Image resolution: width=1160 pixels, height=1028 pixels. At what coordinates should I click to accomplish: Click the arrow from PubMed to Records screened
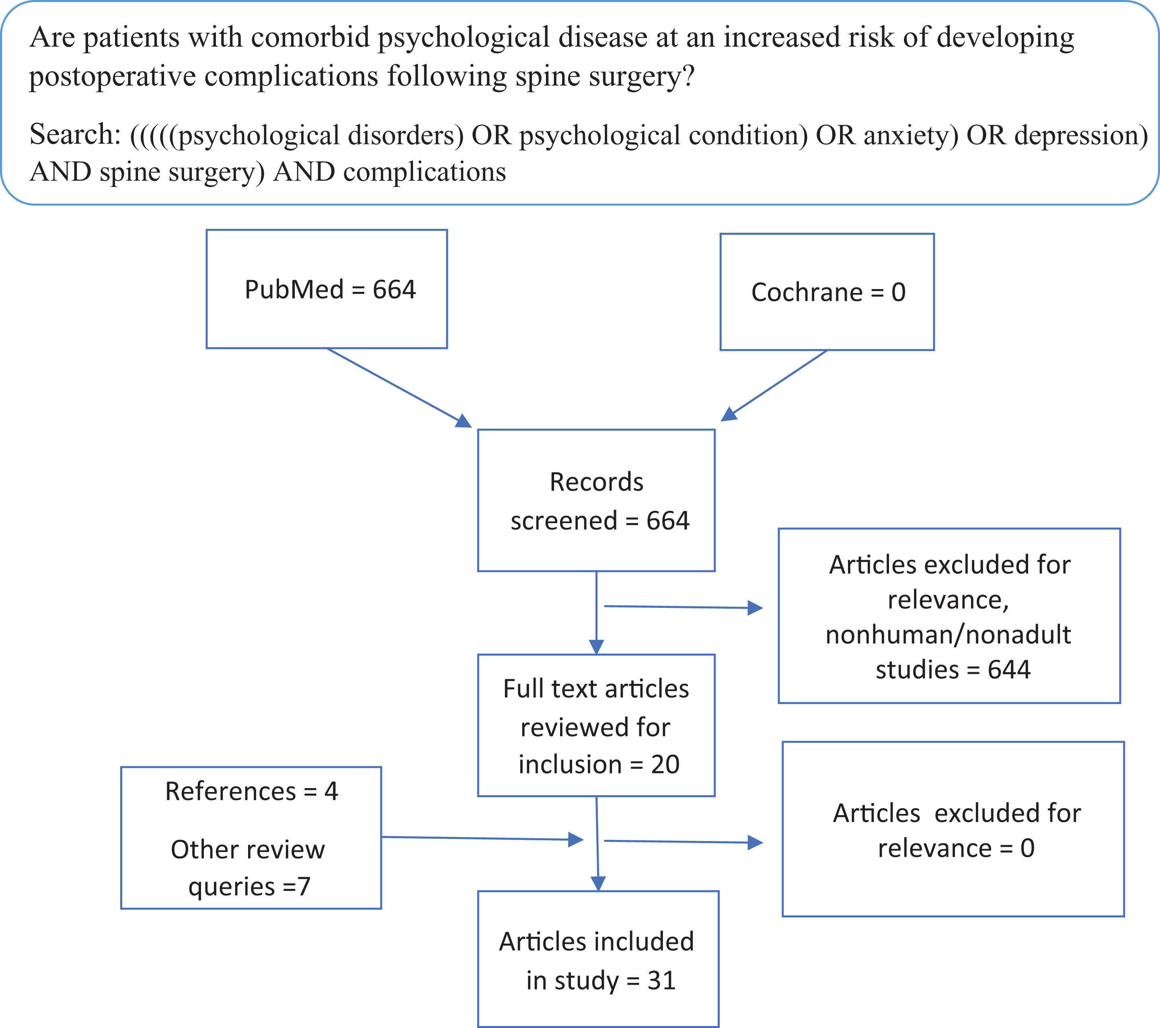click(x=400, y=388)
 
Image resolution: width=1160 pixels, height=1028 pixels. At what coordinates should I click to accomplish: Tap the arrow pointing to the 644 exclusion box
click(x=684, y=607)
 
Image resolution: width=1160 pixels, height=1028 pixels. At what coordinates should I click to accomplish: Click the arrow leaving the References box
click(x=482, y=838)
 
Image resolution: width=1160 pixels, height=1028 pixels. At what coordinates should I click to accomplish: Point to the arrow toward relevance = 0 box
click(x=684, y=842)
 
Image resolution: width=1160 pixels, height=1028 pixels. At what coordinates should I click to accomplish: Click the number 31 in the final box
click(x=662, y=980)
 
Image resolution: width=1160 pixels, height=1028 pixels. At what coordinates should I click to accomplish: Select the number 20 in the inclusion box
click(x=665, y=764)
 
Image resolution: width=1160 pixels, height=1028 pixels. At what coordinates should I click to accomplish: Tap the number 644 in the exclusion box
click(x=1009, y=669)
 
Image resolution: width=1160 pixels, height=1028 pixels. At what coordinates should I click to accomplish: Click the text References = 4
click(x=251, y=791)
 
